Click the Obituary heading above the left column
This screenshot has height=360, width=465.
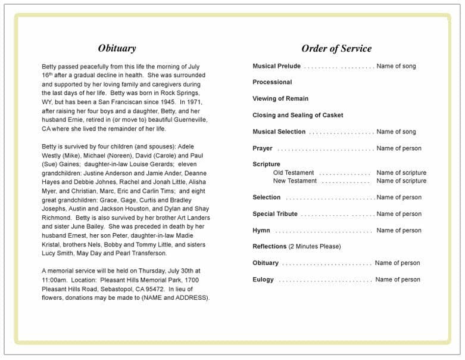tap(117, 49)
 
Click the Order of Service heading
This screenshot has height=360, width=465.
tap(336, 49)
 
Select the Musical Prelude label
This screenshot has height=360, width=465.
tap(276, 66)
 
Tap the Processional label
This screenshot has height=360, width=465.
tap(272, 82)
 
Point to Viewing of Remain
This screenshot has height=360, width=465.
tap(280, 99)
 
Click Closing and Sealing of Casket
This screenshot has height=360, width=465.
tap(298, 116)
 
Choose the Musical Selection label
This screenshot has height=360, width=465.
tap(279, 132)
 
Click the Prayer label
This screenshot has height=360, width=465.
tap(263, 148)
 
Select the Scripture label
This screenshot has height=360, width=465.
tap(266, 165)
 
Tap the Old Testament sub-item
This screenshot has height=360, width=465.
tap(294, 173)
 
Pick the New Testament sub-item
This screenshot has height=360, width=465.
tap(295, 181)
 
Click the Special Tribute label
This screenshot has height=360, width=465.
tap(275, 214)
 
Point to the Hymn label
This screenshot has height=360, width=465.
tap(262, 231)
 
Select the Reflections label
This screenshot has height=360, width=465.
tap(270, 247)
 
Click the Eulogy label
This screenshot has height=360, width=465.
tap(263, 280)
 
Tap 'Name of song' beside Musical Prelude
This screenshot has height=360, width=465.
tap(396, 66)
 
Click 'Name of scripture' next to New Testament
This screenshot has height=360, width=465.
tap(401, 181)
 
